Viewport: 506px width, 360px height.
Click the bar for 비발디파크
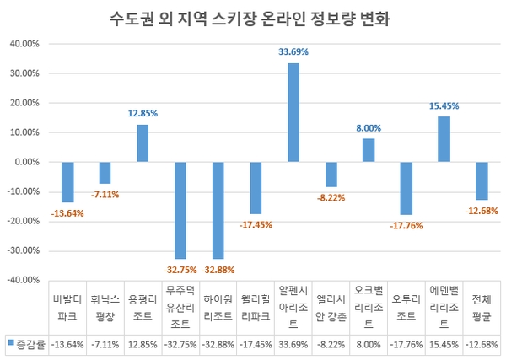tap(67, 182)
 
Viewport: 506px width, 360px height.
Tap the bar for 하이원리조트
tap(218, 210)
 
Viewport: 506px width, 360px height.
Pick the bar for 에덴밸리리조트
tap(443, 139)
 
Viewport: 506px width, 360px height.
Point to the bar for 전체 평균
tap(481, 180)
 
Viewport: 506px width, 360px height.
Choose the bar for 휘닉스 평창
tap(105, 173)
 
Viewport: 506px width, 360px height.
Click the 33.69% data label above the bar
tap(293, 52)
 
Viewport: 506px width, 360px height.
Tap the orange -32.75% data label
tap(180, 270)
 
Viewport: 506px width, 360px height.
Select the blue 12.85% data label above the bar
tap(143, 113)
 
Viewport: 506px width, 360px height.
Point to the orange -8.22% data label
tap(330, 198)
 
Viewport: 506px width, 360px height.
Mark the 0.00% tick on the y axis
tap(25, 162)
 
